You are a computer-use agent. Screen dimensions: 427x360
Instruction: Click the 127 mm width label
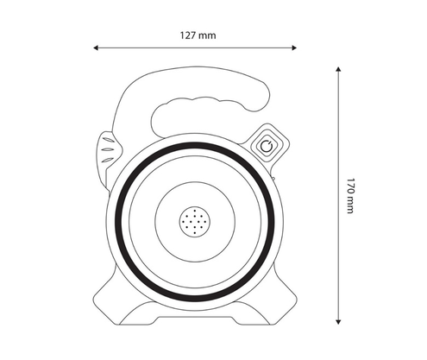click(198, 35)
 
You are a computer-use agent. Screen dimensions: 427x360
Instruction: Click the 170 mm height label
click(349, 196)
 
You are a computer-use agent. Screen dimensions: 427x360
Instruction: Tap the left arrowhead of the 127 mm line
click(96, 47)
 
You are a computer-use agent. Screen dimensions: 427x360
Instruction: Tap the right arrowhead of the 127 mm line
click(294, 47)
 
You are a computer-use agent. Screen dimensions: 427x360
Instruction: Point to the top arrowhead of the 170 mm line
click(338, 69)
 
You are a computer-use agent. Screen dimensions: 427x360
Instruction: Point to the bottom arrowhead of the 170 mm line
click(338, 322)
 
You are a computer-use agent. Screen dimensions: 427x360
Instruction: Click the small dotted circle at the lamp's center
click(195, 222)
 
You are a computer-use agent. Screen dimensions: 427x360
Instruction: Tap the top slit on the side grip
click(108, 140)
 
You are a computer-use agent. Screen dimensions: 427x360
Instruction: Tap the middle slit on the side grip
click(107, 149)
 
